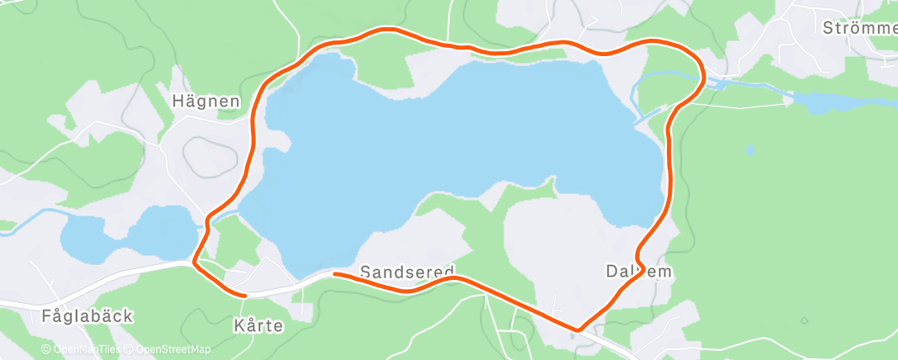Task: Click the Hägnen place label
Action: (x=206, y=102)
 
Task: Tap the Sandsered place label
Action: (x=407, y=272)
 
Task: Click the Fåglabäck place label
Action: (x=87, y=315)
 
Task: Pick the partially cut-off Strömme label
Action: (x=859, y=27)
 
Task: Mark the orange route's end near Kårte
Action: (x=244, y=294)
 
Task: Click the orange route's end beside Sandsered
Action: (x=335, y=273)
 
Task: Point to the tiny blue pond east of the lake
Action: (x=749, y=150)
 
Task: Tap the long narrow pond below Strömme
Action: (x=834, y=102)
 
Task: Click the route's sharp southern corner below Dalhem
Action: (x=579, y=329)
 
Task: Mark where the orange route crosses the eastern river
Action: (x=702, y=80)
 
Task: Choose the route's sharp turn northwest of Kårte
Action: (x=195, y=263)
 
